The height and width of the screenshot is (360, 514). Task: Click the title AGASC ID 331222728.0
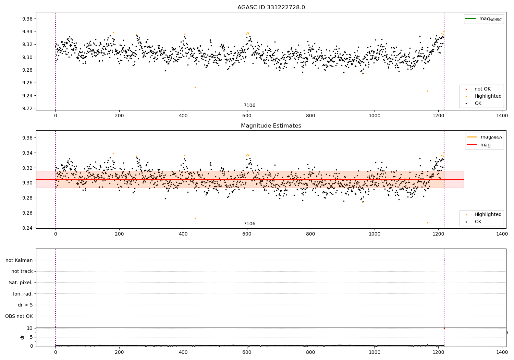[271, 8]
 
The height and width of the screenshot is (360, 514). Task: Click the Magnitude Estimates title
[271, 126]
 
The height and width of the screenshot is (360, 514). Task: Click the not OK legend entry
[482, 89]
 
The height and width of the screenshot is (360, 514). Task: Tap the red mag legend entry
[485, 145]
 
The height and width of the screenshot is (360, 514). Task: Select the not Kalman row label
[19, 260]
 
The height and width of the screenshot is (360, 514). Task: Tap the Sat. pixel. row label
[21, 283]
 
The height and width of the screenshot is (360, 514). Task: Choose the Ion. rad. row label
[23, 294]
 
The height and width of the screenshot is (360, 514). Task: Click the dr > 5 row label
[25, 305]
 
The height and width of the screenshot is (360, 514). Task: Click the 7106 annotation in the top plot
[249, 106]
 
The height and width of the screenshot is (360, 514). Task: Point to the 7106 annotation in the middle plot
[249, 224]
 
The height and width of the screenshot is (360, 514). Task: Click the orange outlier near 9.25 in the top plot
[195, 87]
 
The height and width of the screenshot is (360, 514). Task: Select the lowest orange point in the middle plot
[427, 223]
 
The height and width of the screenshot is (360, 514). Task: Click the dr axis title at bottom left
[22, 337]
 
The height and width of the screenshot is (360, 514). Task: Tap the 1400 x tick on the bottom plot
[502, 351]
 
